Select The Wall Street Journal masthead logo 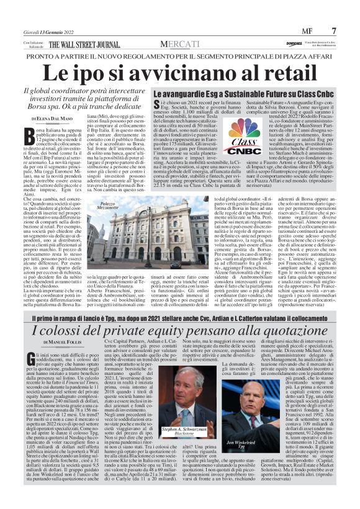[86, 45]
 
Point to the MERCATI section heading [179, 43]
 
